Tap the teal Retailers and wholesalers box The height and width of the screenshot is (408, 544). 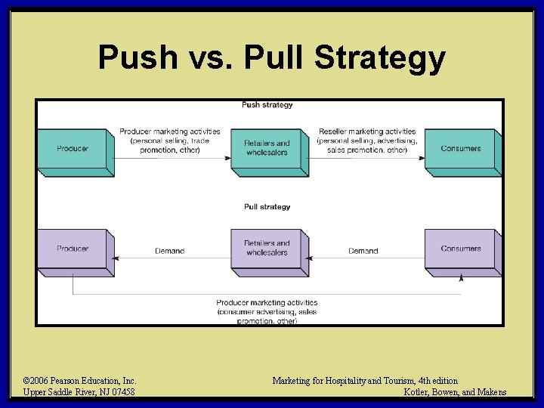[267, 148]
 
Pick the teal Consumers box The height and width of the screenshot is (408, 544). [461, 149]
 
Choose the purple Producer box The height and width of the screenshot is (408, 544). [73, 249]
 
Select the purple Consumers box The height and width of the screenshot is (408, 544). [461, 249]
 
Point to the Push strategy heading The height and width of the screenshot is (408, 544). [267, 105]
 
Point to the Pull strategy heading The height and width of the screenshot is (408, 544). [267, 206]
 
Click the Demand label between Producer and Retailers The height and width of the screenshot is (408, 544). [169, 251]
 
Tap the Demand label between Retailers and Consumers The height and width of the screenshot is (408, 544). [363, 251]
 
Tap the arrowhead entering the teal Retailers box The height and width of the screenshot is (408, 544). [229, 158]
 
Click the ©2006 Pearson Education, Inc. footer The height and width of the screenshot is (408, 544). [80, 381]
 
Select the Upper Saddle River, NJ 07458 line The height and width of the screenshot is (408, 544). [79, 392]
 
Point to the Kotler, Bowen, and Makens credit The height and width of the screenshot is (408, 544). [456, 392]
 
